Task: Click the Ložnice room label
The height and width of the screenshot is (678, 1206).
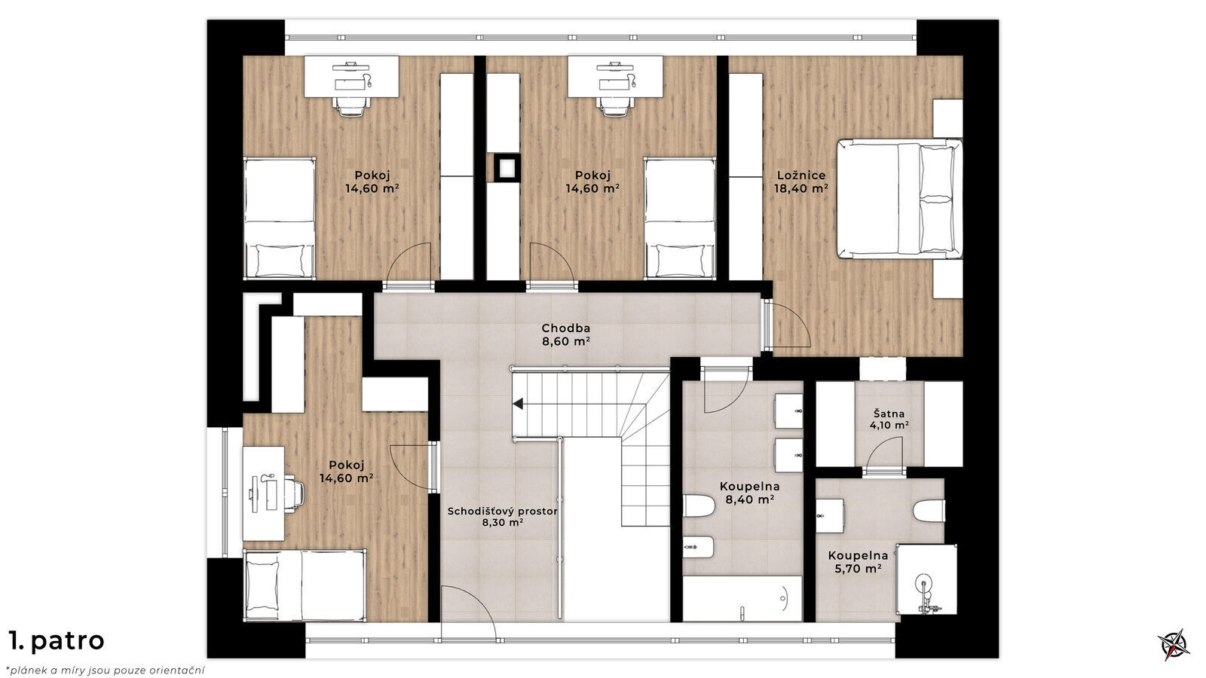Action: pyautogui.click(x=801, y=182)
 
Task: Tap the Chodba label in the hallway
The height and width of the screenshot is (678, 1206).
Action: pyautogui.click(x=566, y=334)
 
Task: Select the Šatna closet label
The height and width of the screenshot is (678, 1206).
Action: pyautogui.click(x=889, y=420)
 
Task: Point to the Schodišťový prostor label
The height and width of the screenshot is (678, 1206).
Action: pyautogui.click(x=502, y=517)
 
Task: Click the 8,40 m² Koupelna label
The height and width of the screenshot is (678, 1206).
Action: pyautogui.click(x=749, y=493)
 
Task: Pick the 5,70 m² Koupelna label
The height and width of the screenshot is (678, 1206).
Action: pyautogui.click(x=858, y=562)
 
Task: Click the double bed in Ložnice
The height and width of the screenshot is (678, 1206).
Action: pyautogui.click(x=899, y=199)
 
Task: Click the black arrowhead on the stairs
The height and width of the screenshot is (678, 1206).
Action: pyautogui.click(x=518, y=404)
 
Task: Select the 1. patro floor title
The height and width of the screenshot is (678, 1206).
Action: pyautogui.click(x=56, y=641)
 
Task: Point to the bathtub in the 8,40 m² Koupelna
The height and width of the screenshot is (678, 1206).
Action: pyautogui.click(x=742, y=599)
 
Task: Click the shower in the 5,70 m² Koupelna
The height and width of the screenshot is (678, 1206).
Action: pyautogui.click(x=926, y=579)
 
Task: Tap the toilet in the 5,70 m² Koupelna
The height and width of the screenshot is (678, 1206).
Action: pyautogui.click(x=929, y=511)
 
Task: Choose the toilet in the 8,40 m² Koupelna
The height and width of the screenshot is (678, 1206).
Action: pyautogui.click(x=699, y=505)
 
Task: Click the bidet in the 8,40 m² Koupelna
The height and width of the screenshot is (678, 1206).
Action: pyautogui.click(x=698, y=548)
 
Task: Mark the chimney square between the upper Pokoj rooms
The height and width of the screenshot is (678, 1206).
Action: pyautogui.click(x=507, y=169)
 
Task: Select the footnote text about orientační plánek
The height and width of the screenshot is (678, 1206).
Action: pyautogui.click(x=106, y=670)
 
